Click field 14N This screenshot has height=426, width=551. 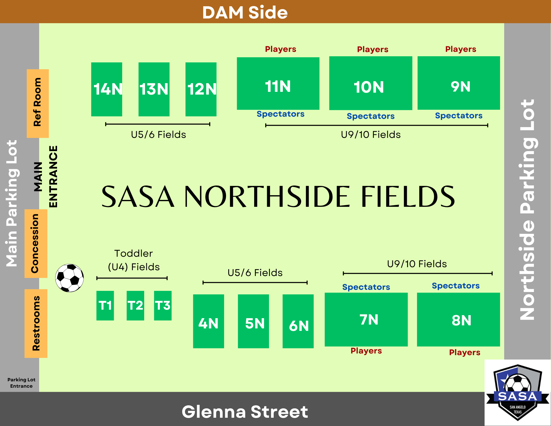(x=107, y=89)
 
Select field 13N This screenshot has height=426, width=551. (x=154, y=89)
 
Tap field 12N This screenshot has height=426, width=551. (x=201, y=89)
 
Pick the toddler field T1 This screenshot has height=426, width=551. (x=105, y=306)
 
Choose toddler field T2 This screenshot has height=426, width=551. (x=135, y=306)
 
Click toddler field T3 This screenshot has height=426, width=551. (x=163, y=306)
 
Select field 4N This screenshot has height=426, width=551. (x=208, y=321)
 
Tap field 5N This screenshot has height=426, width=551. (x=253, y=321)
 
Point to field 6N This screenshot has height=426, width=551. (x=298, y=321)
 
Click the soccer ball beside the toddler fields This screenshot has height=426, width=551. (x=69, y=278)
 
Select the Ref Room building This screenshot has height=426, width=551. (x=38, y=103)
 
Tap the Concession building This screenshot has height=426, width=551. (x=36, y=243)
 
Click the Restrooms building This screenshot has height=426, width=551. (x=36, y=323)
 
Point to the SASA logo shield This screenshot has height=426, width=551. (x=517, y=392)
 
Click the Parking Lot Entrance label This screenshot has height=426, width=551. (x=21, y=383)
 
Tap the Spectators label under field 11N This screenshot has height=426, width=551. (x=280, y=114)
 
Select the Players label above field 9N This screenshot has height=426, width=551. (x=461, y=49)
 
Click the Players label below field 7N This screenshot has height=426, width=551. (x=366, y=351)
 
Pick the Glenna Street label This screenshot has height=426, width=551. (x=245, y=412)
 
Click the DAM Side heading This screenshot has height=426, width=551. (x=245, y=12)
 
